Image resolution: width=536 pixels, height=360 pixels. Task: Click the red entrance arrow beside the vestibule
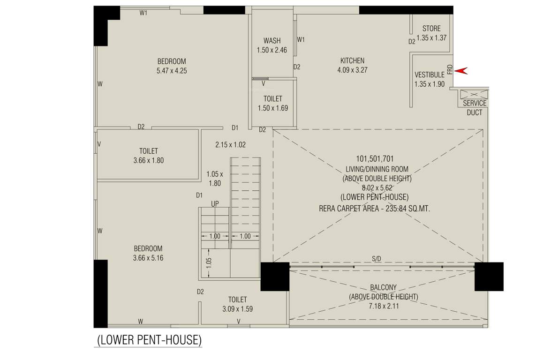coord(462,70)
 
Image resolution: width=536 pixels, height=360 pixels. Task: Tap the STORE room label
coord(431,29)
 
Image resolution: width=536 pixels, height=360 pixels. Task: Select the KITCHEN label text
coord(352,60)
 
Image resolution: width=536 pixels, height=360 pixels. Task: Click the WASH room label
coord(272,41)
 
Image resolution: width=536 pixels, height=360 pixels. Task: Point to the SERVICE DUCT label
coord(475,107)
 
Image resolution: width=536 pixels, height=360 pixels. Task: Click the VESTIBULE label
coord(429,75)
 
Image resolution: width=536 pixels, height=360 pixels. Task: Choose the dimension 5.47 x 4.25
coord(172,71)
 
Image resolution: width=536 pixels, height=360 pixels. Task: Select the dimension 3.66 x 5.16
coord(148,258)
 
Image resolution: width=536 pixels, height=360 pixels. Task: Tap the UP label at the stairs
coord(214,204)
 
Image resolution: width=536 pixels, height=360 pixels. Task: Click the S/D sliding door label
coord(377,258)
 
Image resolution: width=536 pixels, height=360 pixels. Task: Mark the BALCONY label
coord(383,287)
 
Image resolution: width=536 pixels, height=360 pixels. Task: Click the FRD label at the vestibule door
coord(450,69)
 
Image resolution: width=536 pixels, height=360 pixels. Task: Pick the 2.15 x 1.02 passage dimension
coord(230,145)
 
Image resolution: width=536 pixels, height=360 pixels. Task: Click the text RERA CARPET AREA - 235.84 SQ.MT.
coord(374,209)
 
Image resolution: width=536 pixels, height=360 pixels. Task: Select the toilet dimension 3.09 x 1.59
coord(237,309)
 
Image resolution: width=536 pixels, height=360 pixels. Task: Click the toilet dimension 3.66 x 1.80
coord(148,160)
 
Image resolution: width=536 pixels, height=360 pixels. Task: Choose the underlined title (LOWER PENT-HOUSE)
coord(149,339)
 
